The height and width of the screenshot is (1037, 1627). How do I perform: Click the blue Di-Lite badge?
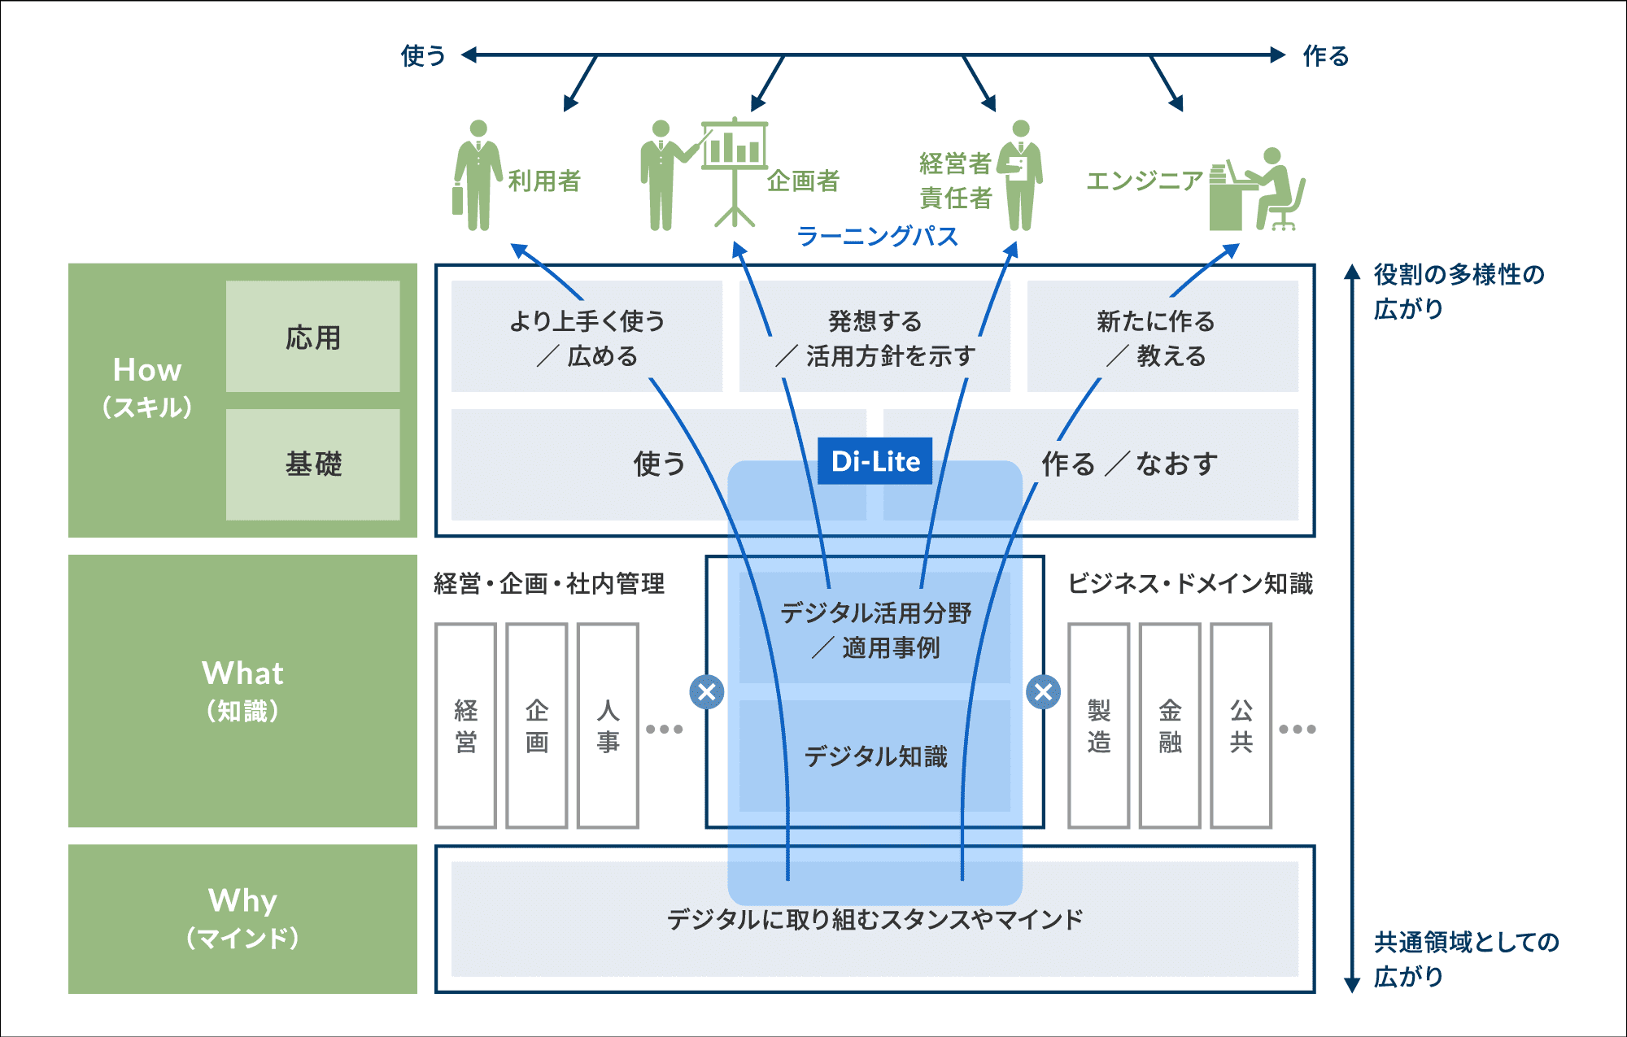coord(875,461)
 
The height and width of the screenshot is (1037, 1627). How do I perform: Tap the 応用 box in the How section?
coord(313,337)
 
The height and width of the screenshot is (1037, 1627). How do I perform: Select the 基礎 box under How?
coord(313,464)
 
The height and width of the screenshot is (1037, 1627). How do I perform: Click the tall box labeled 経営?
coord(465,725)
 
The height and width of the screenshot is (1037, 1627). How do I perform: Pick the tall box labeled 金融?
coord(1170,725)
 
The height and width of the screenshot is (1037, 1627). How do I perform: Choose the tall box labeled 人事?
coord(608,725)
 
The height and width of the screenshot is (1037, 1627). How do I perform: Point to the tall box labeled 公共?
coord(1241,725)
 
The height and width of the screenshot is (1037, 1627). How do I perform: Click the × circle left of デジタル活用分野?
coord(707,692)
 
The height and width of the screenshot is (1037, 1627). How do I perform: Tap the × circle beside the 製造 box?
coord(1043,692)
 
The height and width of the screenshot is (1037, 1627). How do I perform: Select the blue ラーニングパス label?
coord(877,236)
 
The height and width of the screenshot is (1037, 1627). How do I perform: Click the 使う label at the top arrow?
coord(423,55)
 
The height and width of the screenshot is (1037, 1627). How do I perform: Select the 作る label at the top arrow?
coord(1325,55)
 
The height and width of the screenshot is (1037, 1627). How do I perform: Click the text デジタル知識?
coord(875,756)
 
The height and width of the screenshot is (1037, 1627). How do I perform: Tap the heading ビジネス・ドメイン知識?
coord(1190,583)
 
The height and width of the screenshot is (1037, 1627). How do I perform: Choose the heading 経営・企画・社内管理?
coord(549,583)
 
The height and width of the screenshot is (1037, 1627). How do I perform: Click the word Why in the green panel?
coord(242,900)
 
